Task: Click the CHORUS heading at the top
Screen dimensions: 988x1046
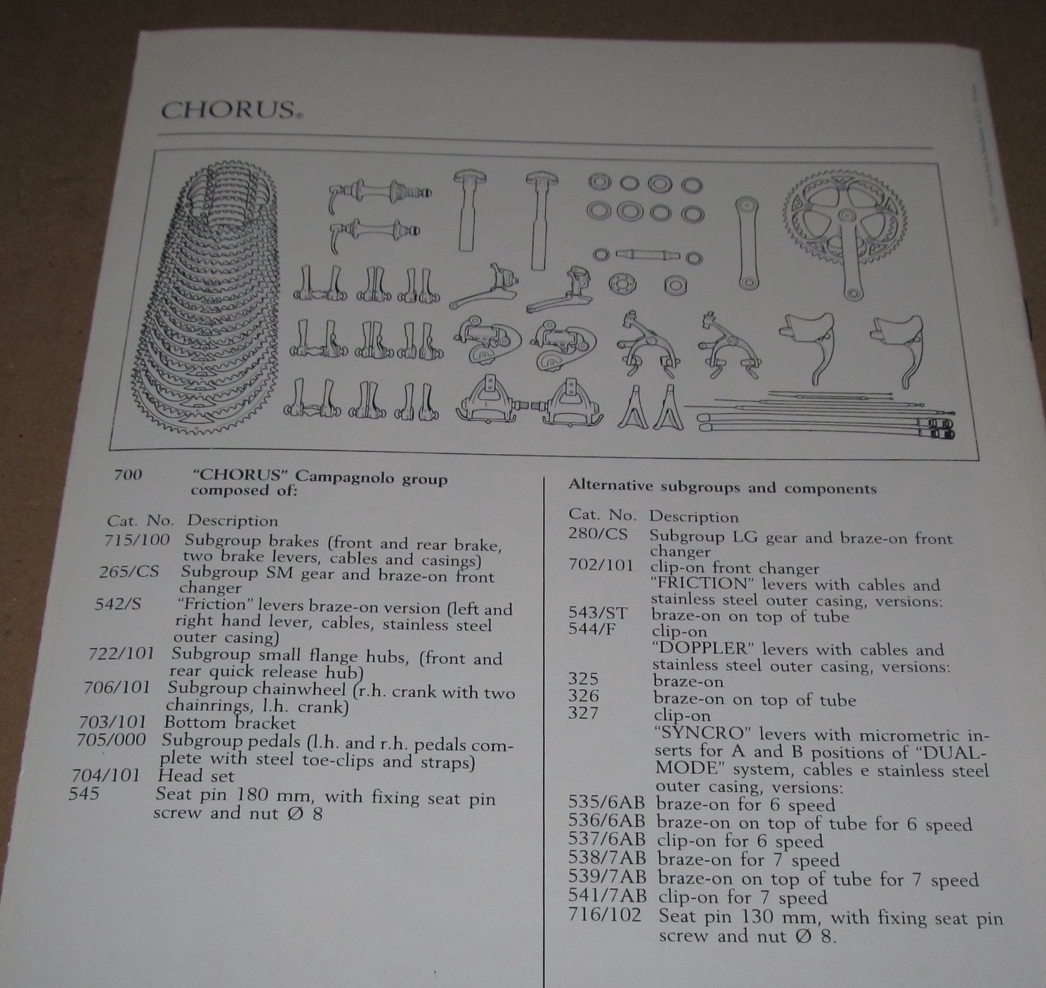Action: pos(228,111)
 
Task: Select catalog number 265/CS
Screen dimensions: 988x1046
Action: pos(129,571)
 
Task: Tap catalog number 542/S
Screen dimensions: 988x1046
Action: pos(117,604)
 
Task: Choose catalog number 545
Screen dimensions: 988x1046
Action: pos(84,794)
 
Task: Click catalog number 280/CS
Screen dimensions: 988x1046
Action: pos(597,534)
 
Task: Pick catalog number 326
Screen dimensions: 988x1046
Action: pos(584,696)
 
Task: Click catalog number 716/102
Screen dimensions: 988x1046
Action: pos(605,915)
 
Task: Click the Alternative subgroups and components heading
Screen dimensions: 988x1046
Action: pos(722,487)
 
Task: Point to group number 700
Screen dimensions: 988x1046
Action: pos(127,475)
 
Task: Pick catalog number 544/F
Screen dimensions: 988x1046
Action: pos(591,629)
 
